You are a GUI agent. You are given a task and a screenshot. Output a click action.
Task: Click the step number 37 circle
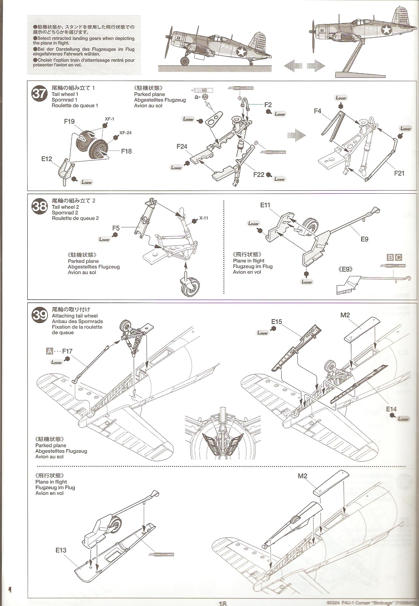tap(39, 94)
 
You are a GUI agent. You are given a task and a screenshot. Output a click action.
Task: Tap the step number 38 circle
tap(39, 206)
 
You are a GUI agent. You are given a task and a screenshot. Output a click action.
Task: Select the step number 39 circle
tap(39, 315)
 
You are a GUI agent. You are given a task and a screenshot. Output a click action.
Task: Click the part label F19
tap(69, 121)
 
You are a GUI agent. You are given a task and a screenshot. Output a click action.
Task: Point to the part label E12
tap(46, 159)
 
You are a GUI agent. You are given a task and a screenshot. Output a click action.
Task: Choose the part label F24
tap(182, 146)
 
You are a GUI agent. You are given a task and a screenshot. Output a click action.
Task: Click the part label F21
tap(399, 173)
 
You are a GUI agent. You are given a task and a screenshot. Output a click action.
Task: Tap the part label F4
tap(317, 111)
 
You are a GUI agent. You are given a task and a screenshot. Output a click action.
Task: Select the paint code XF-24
tap(125, 133)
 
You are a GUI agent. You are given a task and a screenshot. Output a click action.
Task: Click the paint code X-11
tap(204, 218)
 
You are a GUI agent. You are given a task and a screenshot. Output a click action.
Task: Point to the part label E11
tap(265, 205)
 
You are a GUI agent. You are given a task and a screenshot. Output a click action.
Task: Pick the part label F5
tap(116, 228)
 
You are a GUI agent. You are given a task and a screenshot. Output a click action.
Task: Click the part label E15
tap(276, 322)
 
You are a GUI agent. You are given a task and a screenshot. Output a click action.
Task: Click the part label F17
tap(67, 351)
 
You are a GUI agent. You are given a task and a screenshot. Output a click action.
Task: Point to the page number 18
tap(222, 603)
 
